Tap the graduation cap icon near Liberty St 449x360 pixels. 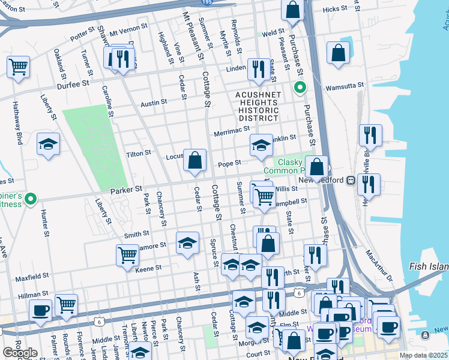point(48,144)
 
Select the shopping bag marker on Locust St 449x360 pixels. point(194,160)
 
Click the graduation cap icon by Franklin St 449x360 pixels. point(261,145)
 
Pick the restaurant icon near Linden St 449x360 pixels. point(258,69)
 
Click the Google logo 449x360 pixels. point(20,353)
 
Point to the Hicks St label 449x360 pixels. point(335,9)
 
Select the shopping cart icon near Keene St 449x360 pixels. point(127,255)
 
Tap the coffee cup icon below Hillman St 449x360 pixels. point(41,311)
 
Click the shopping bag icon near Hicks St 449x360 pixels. point(293,10)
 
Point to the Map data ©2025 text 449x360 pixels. point(424,355)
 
